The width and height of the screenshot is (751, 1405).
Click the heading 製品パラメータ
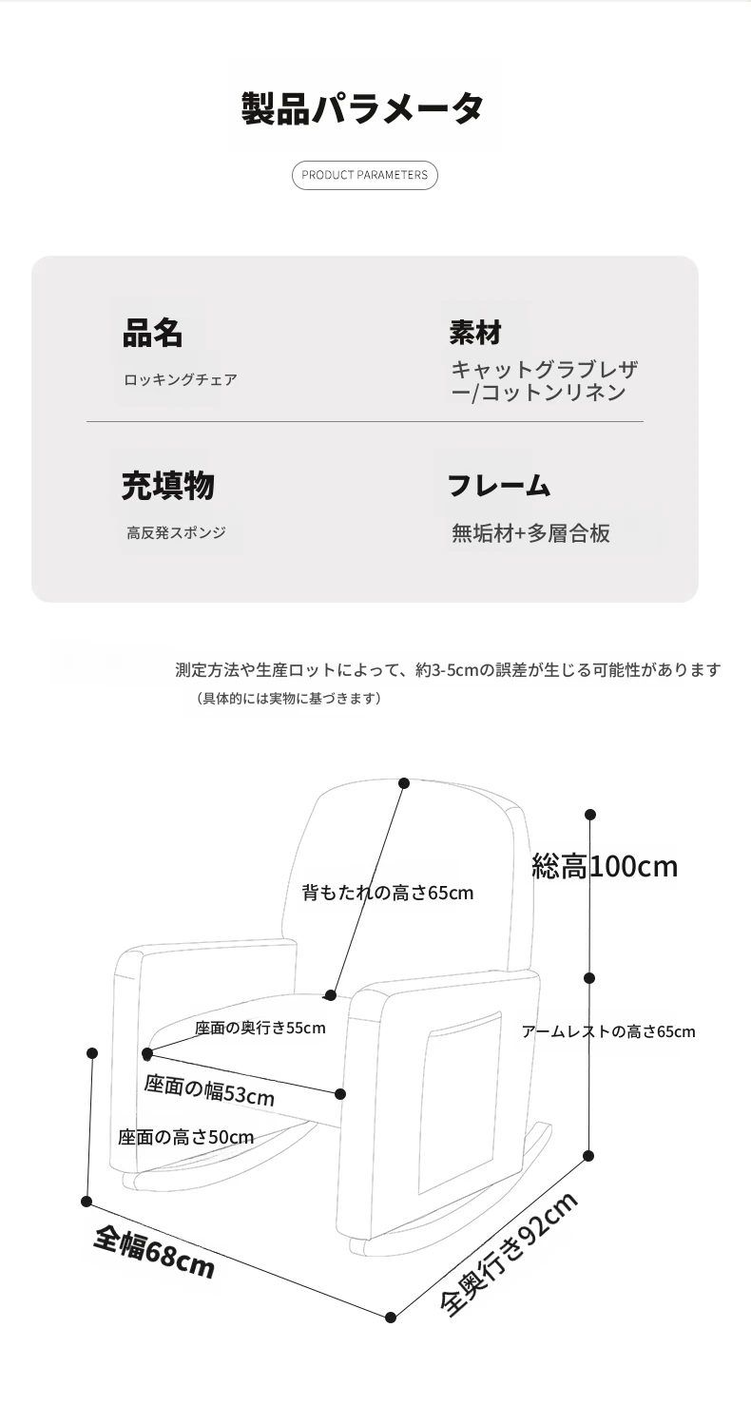click(362, 107)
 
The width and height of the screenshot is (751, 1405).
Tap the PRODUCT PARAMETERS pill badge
click(364, 175)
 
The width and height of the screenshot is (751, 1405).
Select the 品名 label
click(152, 333)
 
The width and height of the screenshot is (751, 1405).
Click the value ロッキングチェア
click(181, 379)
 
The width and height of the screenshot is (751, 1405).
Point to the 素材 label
click(475, 333)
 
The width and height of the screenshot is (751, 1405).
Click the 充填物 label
click(168, 486)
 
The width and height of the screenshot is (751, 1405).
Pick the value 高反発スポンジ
click(176, 532)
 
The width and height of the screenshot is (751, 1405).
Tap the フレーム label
click(499, 486)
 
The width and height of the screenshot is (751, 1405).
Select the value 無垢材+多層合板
click(530, 533)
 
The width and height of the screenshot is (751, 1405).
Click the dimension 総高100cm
click(605, 866)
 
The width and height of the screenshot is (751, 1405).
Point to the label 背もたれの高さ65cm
click(388, 893)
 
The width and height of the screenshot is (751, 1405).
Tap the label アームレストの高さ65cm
click(608, 1031)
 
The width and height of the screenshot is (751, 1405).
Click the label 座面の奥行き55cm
click(260, 1028)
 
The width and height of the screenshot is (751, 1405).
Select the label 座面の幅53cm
click(209, 1090)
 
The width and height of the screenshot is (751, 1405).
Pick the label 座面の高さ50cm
click(186, 1137)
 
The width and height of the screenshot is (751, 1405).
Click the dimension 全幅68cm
click(154, 1253)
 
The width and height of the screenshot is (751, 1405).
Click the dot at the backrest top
click(404, 782)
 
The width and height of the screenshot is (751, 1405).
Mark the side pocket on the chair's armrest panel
click(462, 1104)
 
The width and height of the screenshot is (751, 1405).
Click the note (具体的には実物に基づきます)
click(289, 698)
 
